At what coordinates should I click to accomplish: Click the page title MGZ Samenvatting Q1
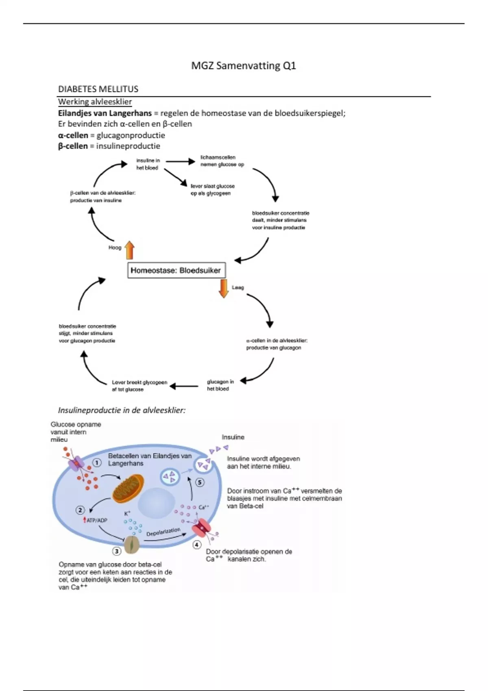244,66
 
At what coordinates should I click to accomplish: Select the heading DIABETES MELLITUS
98,89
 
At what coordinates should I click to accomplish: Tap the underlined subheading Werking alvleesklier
95,102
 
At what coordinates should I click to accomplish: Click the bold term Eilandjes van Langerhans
105,113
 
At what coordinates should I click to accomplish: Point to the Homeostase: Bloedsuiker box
176,270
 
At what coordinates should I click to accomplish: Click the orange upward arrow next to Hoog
129,250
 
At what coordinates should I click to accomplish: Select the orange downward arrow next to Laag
223,288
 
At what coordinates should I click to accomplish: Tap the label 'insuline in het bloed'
148,164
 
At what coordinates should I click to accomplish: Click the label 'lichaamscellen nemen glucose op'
222,161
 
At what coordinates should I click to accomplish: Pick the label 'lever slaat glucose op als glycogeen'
212,189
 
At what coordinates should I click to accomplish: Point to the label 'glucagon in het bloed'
220,385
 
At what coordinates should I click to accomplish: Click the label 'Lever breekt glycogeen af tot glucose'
139,386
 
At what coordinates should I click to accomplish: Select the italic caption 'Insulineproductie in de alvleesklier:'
122,410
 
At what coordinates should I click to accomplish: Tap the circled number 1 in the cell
97,463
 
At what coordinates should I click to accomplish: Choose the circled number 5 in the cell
200,482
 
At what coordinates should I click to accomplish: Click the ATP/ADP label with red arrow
95,520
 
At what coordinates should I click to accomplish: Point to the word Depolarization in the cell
163,532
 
